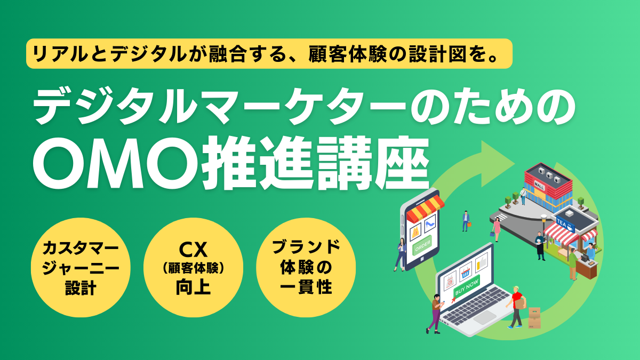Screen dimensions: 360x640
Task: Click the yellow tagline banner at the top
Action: click(269, 54)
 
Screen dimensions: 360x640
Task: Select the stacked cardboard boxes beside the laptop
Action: click(534, 318)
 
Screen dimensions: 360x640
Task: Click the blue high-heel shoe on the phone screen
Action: click(430, 221)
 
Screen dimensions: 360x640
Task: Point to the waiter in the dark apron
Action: click(540, 245)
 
